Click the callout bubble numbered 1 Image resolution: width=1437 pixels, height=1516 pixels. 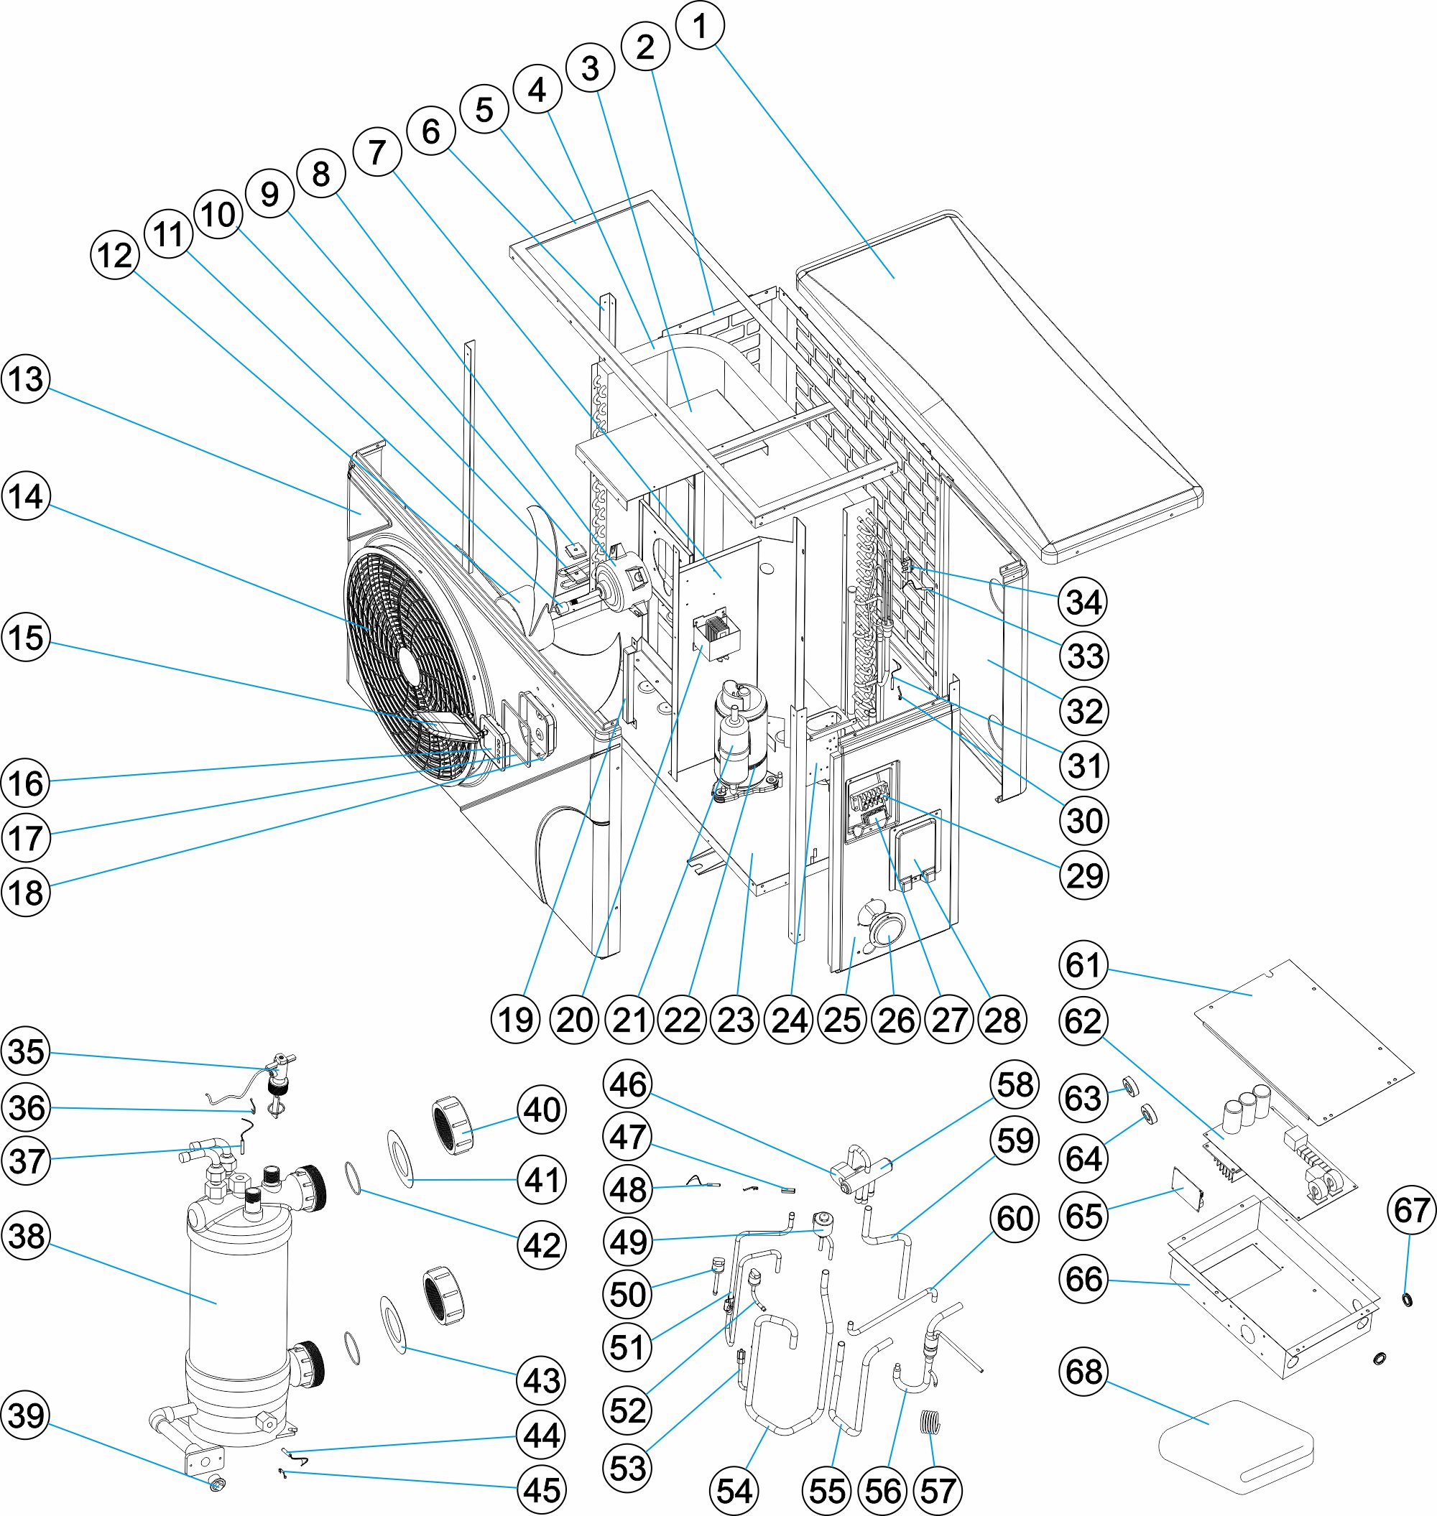click(699, 27)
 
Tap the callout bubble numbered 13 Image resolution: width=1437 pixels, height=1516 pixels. click(26, 379)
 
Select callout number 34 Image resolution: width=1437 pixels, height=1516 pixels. click(1083, 602)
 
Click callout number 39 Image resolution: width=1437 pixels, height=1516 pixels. click(26, 1415)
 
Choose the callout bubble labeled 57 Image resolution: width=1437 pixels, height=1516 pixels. click(938, 1491)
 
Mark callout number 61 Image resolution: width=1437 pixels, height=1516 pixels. click(1083, 965)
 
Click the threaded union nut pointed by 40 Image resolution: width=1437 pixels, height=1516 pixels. click(455, 1125)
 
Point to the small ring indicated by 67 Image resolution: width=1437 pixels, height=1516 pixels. click(1407, 1298)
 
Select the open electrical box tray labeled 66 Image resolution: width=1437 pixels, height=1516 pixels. click(1272, 1294)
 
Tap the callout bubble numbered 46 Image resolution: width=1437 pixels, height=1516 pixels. click(628, 1084)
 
